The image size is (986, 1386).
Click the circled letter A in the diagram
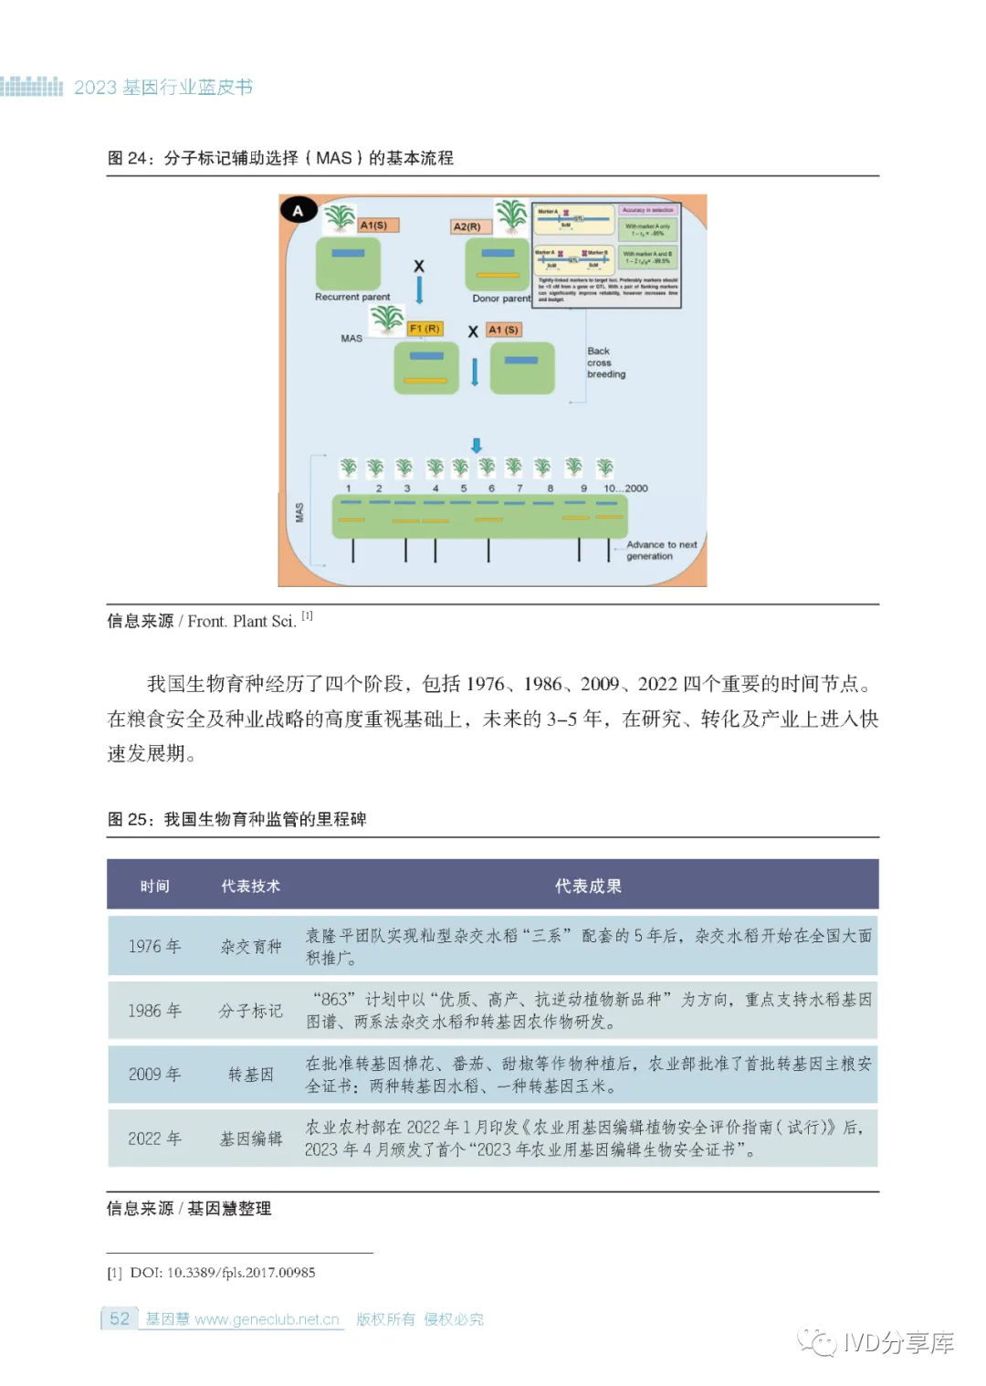point(298,211)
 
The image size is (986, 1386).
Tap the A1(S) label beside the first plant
point(373,225)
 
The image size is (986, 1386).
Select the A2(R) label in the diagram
point(467,226)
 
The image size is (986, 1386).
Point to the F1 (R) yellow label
point(425,329)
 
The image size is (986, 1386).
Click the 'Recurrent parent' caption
point(352,297)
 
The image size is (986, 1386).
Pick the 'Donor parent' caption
point(501,299)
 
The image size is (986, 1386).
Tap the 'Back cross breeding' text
point(605,362)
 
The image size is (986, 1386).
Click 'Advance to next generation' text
point(661,550)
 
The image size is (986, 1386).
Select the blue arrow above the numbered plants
point(477,445)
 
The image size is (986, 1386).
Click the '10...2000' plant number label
point(625,488)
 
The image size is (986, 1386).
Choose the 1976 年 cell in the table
point(154,947)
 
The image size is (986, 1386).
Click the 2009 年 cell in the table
point(154,1075)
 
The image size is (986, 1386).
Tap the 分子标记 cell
point(250,1011)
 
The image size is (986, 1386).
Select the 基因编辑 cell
point(250,1139)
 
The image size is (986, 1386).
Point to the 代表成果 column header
point(588,886)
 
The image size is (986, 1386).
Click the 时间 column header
point(154,886)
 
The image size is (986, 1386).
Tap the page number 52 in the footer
point(120,1318)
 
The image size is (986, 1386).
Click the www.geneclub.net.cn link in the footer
point(267,1319)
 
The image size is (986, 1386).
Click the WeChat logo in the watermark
point(817,1341)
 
